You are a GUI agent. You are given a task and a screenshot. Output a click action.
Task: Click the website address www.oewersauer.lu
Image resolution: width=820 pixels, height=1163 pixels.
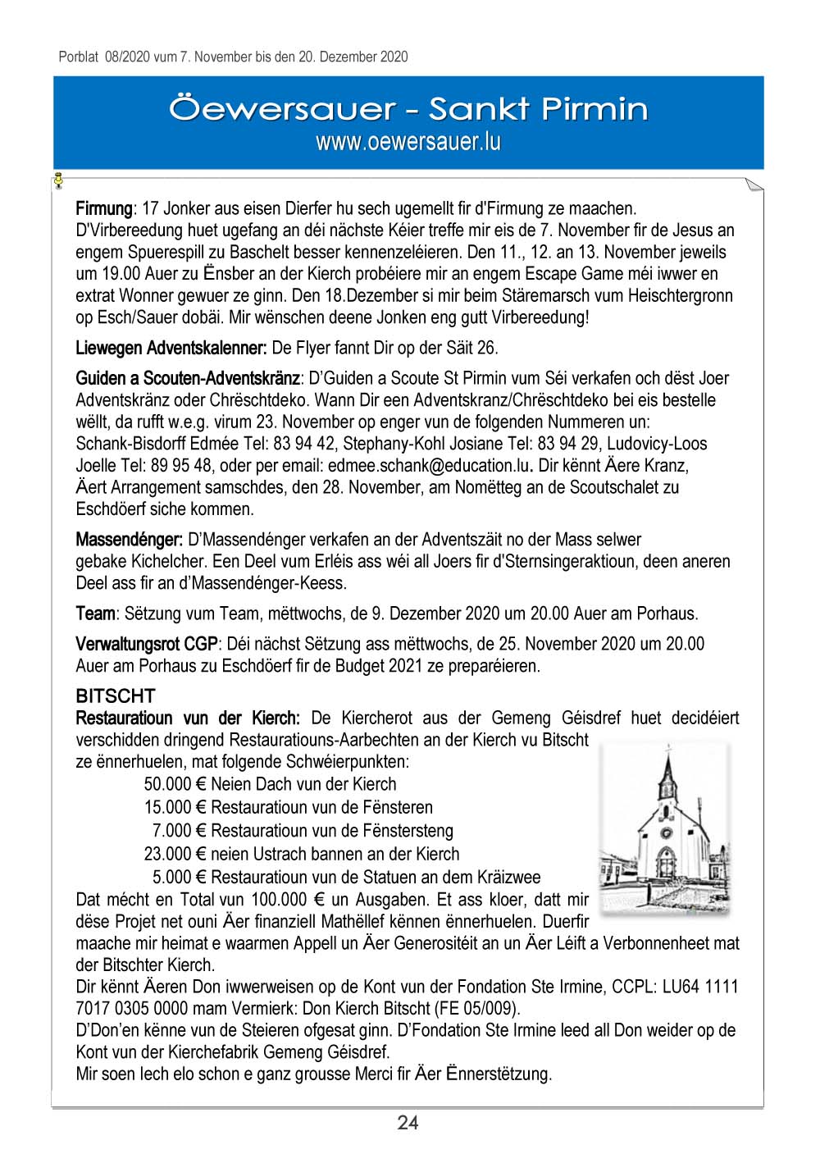pyautogui.click(x=408, y=142)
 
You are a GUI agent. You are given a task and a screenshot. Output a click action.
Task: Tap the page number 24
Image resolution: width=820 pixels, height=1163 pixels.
pyautogui.click(x=408, y=1123)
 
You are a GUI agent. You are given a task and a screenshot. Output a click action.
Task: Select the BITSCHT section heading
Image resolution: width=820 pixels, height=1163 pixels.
pyautogui.click(x=115, y=696)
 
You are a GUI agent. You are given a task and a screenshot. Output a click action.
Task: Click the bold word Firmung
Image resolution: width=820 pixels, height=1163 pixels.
pyautogui.click(x=104, y=208)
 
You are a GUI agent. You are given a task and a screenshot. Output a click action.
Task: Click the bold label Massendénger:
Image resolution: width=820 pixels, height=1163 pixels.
pyautogui.click(x=129, y=540)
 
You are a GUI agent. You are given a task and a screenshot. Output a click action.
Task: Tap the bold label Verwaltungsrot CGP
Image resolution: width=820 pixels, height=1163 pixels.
pyautogui.click(x=146, y=644)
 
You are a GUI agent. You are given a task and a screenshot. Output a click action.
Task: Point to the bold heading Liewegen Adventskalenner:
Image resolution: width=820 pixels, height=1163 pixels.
pyautogui.click(x=171, y=348)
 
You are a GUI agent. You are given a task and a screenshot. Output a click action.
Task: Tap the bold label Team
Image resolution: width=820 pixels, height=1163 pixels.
pyautogui.click(x=95, y=613)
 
